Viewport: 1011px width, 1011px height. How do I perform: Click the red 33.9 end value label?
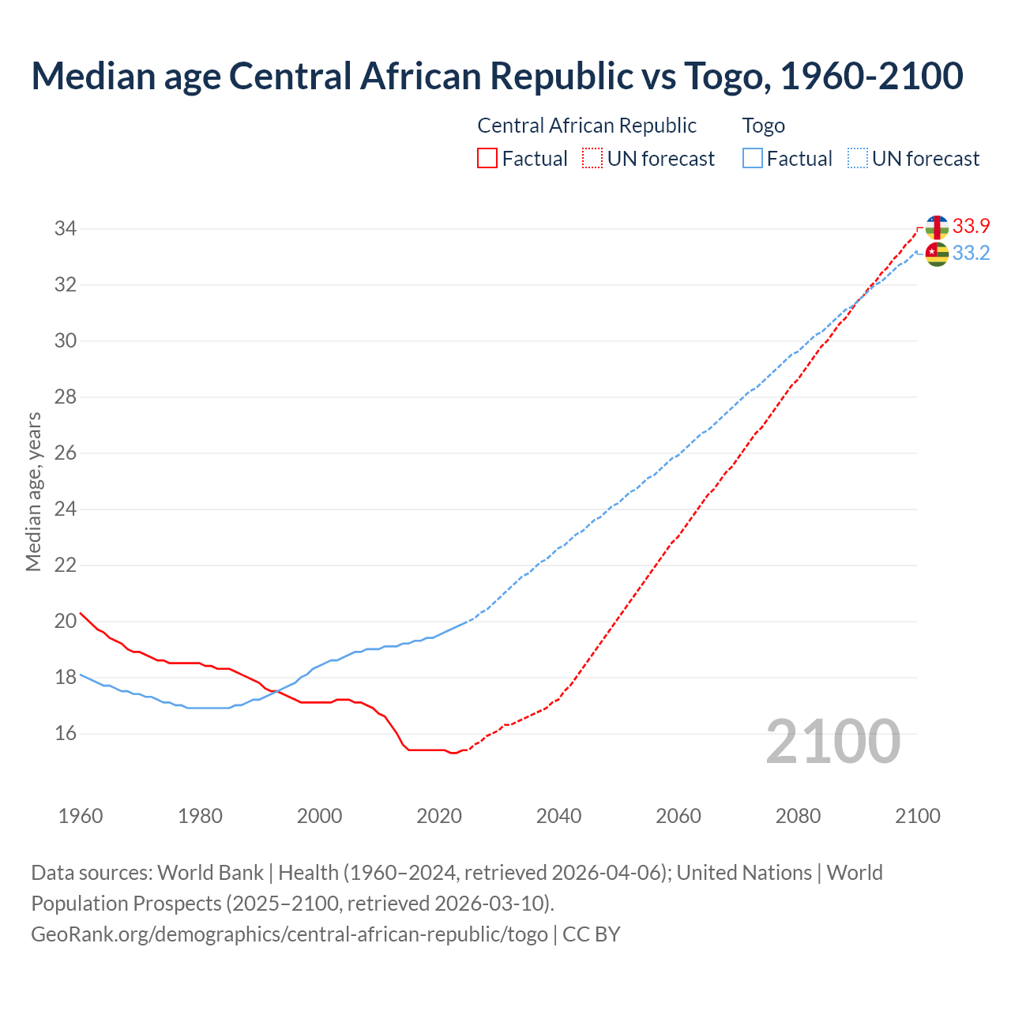(971, 226)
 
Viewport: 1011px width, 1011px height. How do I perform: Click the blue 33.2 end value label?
(971, 253)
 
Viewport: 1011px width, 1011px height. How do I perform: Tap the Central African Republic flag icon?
(937, 227)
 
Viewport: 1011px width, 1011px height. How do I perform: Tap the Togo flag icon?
(937, 254)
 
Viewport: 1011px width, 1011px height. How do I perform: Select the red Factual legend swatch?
(487, 159)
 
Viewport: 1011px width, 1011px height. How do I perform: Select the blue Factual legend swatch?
(753, 159)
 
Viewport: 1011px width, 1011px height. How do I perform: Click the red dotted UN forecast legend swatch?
(592, 159)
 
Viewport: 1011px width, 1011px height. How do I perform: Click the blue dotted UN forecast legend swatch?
(858, 159)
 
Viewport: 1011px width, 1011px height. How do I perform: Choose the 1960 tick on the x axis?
(81, 816)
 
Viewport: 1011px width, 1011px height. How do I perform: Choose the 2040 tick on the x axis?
(558, 816)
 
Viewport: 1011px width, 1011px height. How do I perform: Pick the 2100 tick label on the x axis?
(917, 816)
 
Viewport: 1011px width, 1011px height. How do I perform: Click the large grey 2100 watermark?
(833, 741)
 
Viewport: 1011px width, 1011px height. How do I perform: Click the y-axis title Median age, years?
(33, 491)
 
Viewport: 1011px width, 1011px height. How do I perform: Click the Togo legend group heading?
(763, 126)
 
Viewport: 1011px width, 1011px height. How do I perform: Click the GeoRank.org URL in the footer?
(289, 934)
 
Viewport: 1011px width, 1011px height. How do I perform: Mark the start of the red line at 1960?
(81, 613)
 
